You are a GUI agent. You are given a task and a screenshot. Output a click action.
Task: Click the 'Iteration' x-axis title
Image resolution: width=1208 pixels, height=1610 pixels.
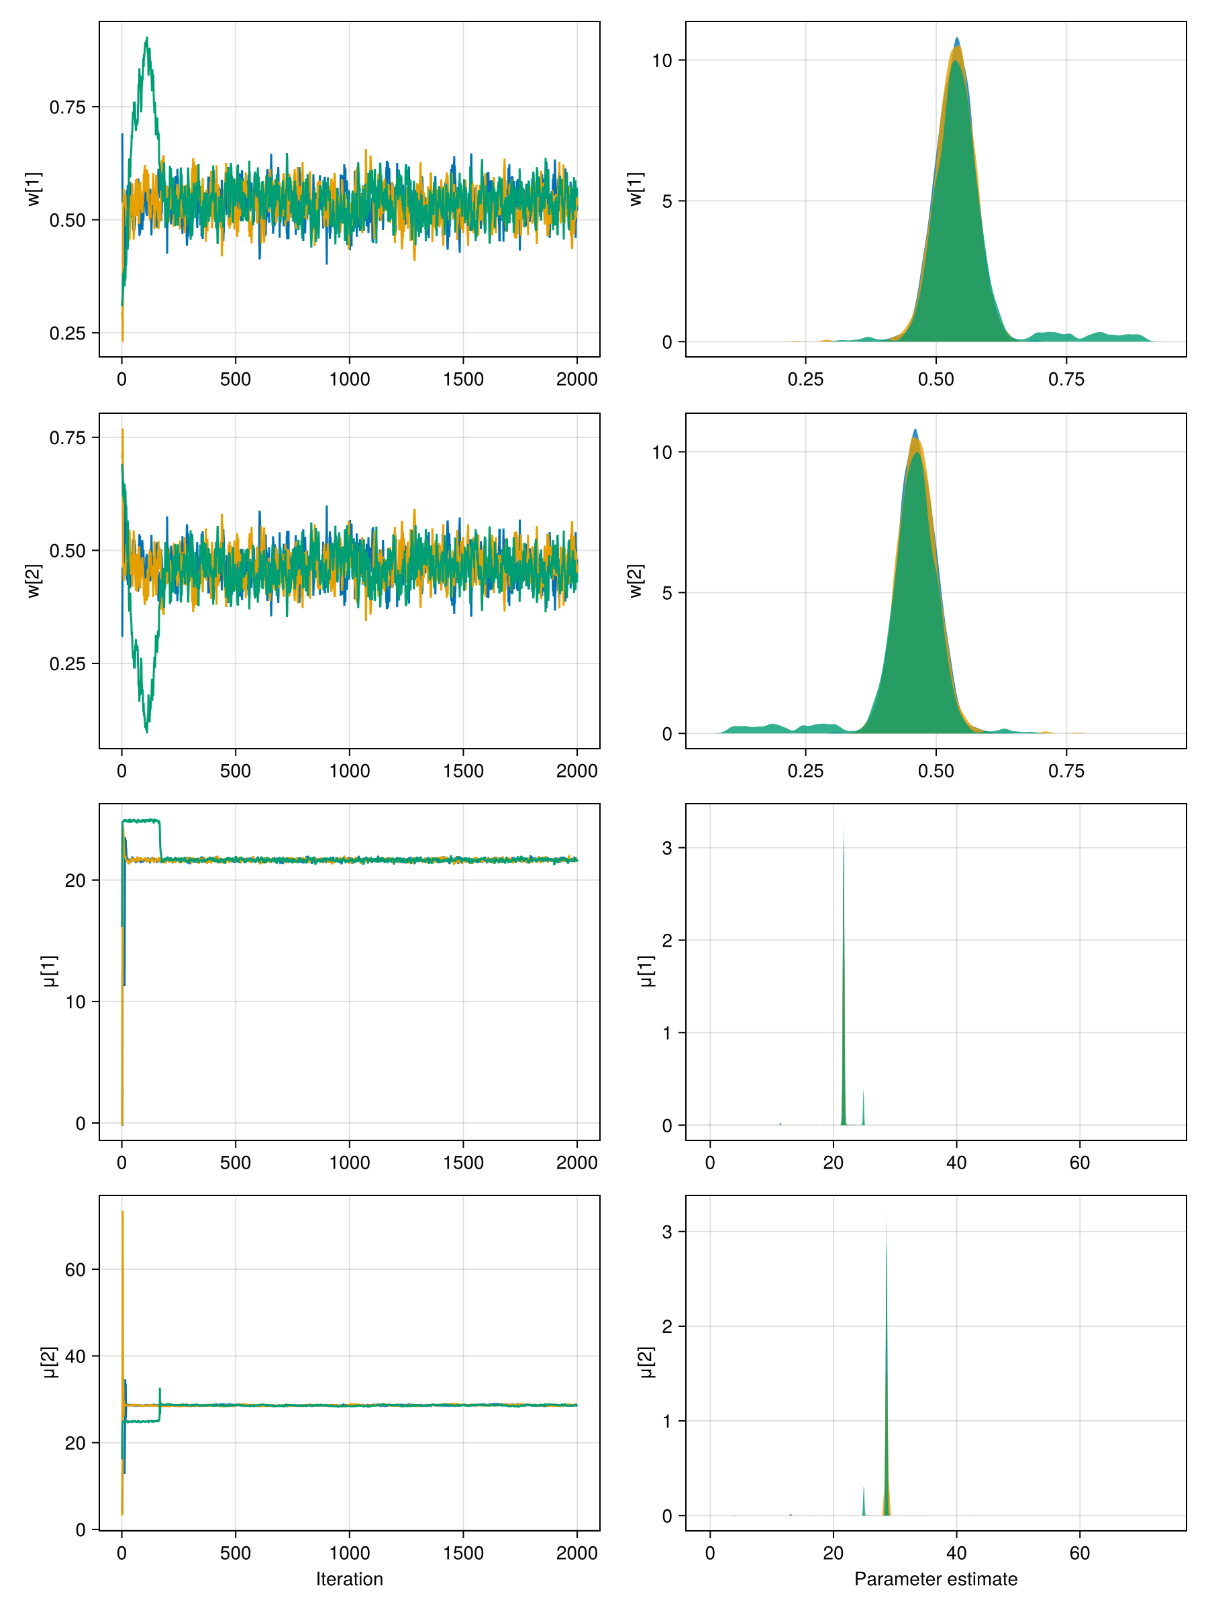[x=349, y=1578]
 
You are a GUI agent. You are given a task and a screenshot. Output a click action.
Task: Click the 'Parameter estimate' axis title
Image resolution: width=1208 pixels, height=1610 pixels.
[x=935, y=1578]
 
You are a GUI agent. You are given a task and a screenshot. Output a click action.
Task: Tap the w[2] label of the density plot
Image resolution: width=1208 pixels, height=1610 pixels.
[x=636, y=581]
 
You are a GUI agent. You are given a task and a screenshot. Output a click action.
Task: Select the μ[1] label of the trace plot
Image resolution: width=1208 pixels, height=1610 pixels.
[x=50, y=971]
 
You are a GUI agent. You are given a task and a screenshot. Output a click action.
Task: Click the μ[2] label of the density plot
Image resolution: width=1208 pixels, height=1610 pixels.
[x=646, y=1362]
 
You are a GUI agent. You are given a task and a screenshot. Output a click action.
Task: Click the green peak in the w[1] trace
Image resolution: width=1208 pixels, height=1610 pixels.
[x=147, y=40]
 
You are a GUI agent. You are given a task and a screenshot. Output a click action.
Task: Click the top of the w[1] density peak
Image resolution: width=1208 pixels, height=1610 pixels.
[x=957, y=40]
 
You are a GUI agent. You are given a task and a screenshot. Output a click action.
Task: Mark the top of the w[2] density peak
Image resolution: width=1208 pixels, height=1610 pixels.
[x=915, y=431]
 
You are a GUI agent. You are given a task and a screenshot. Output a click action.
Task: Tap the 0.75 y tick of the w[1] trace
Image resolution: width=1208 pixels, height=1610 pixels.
[x=67, y=107]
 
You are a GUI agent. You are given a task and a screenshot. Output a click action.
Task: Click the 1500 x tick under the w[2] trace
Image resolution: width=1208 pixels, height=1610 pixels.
[x=463, y=771]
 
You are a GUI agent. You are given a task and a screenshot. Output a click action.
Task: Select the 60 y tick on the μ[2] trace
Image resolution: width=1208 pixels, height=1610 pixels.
[x=75, y=1269]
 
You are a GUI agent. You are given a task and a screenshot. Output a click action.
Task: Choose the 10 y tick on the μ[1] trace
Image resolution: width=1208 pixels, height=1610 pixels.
[x=75, y=1002]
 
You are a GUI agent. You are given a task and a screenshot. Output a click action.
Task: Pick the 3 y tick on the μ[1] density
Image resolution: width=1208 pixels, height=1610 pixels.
[x=667, y=848]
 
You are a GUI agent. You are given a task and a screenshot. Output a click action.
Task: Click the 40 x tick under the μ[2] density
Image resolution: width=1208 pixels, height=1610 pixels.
[x=956, y=1552]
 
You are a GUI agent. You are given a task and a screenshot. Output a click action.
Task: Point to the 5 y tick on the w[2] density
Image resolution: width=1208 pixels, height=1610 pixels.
[x=667, y=592]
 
